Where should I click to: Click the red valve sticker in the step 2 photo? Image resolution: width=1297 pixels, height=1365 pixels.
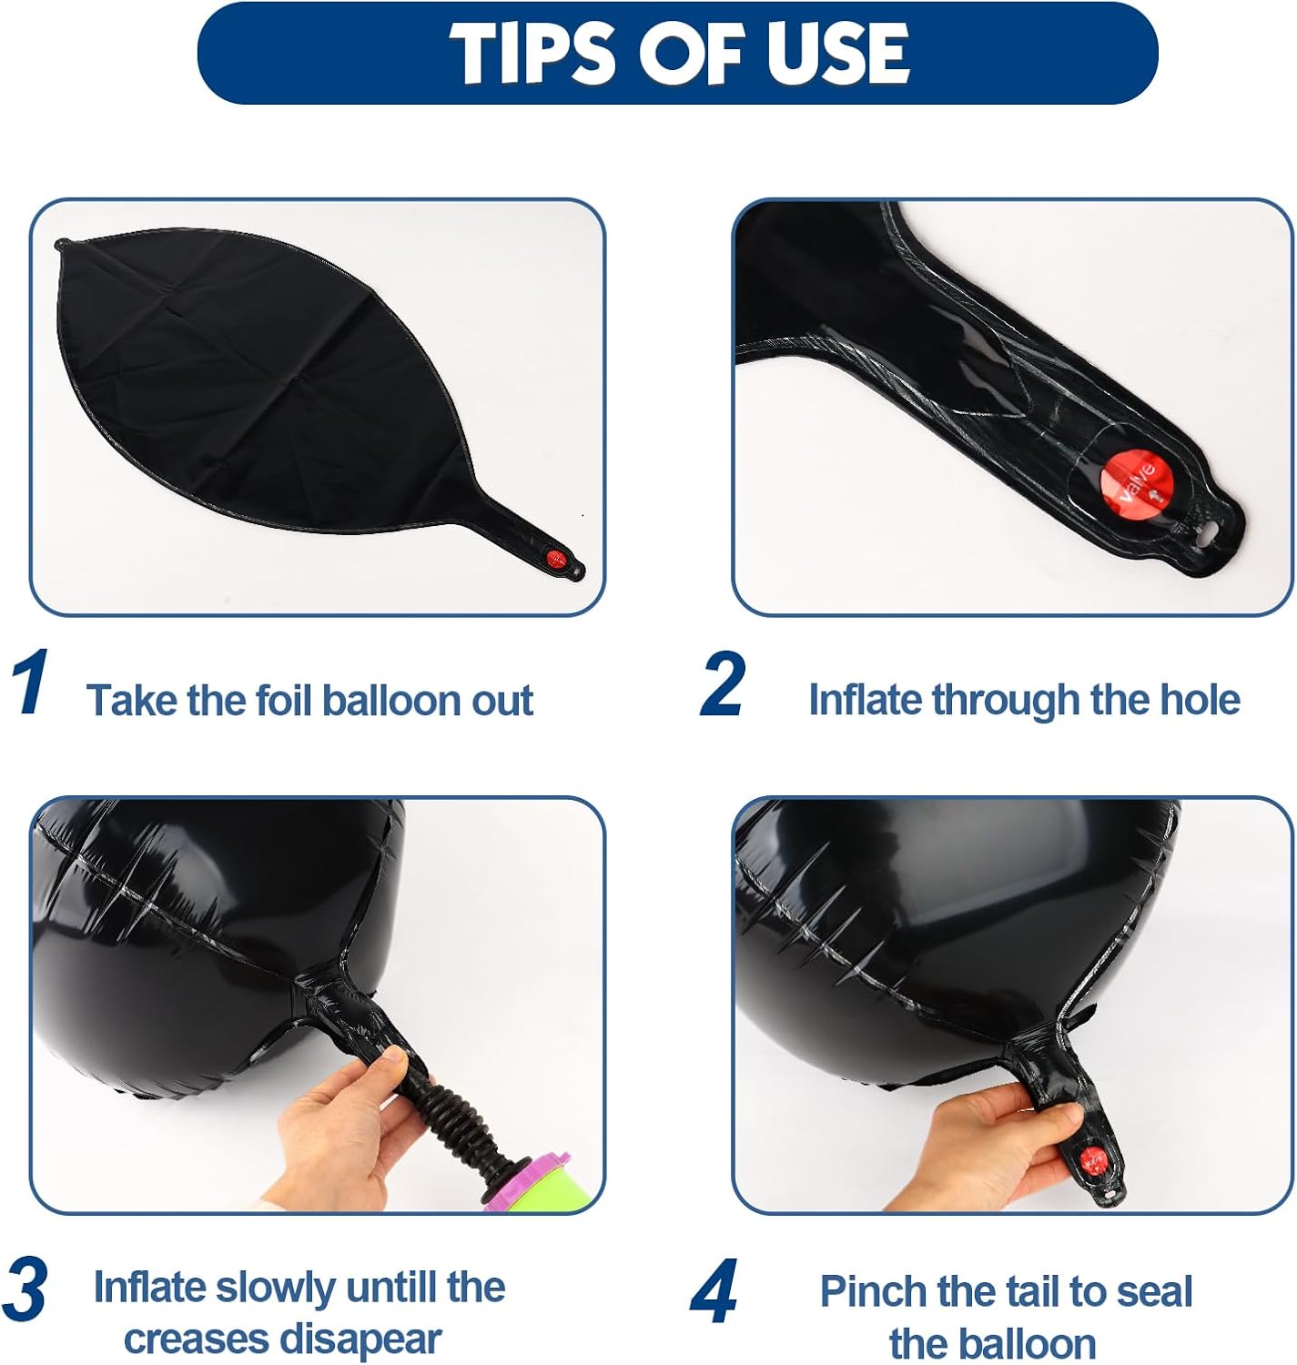(x=1137, y=482)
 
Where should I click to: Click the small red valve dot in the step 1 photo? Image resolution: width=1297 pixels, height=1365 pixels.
(x=556, y=558)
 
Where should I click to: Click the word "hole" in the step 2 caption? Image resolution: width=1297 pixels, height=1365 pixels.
(x=1200, y=699)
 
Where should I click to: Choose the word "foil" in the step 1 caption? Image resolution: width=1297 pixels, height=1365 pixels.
(x=284, y=700)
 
